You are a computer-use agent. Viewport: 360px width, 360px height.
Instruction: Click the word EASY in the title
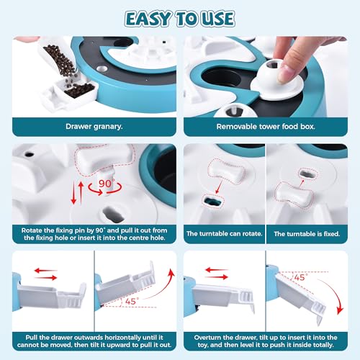pyautogui.click(x=148, y=19)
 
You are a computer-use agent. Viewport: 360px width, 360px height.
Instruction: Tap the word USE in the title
pyautogui.click(x=217, y=19)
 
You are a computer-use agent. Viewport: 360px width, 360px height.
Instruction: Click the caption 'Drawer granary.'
pyautogui.click(x=94, y=127)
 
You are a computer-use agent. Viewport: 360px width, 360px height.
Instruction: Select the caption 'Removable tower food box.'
pyautogui.click(x=266, y=127)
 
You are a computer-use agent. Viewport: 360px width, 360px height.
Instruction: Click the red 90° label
pyautogui.click(x=107, y=184)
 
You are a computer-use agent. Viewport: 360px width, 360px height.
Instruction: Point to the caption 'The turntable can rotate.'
pyautogui.click(x=224, y=233)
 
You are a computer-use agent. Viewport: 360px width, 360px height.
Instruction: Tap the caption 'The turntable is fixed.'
pyautogui.click(x=307, y=233)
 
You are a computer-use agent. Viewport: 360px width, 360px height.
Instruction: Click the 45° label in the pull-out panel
pyautogui.click(x=132, y=301)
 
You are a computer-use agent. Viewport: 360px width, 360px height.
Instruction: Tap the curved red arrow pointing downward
pyautogui.click(x=333, y=295)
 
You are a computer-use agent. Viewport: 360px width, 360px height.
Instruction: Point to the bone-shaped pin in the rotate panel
pyautogui.click(x=226, y=171)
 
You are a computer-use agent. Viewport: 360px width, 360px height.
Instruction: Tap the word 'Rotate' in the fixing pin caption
pyautogui.click(x=30, y=230)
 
